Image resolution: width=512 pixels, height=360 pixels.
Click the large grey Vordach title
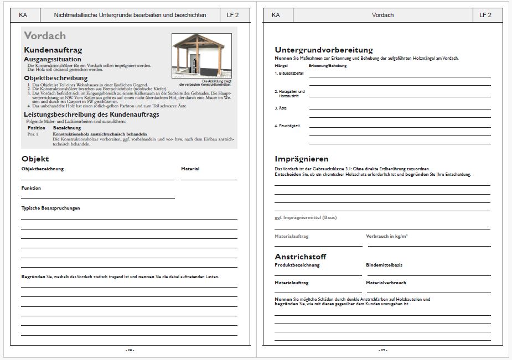[x=45, y=36]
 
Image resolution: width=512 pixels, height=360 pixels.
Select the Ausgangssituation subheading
[x=53, y=59]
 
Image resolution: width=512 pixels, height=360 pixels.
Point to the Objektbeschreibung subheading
[x=56, y=78]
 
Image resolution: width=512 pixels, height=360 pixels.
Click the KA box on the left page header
[x=23, y=15]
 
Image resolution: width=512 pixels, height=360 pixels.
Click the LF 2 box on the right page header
[x=485, y=15]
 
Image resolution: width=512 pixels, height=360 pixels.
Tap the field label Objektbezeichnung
[x=43, y=169]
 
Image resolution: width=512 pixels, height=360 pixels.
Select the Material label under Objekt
[x=190, y=169]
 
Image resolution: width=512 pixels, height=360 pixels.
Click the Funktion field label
[x=31, y=188]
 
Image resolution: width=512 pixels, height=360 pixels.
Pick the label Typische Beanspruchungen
[x=51, y=208]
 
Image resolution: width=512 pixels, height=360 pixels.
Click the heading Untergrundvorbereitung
[x=324, y=50]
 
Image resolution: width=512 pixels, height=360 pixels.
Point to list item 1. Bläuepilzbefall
[x=289, y=73]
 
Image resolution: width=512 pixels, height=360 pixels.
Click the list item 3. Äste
[x=281, y=108]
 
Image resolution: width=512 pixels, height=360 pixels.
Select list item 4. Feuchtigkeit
[x=287, y=126]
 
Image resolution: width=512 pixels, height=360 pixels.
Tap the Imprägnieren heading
[x=302, y=159]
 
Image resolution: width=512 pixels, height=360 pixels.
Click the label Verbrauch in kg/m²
[x=387, y=236]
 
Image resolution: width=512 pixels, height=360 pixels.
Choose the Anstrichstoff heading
[x=301, y=257]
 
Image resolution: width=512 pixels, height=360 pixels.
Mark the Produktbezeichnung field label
[x=297, y=265]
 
